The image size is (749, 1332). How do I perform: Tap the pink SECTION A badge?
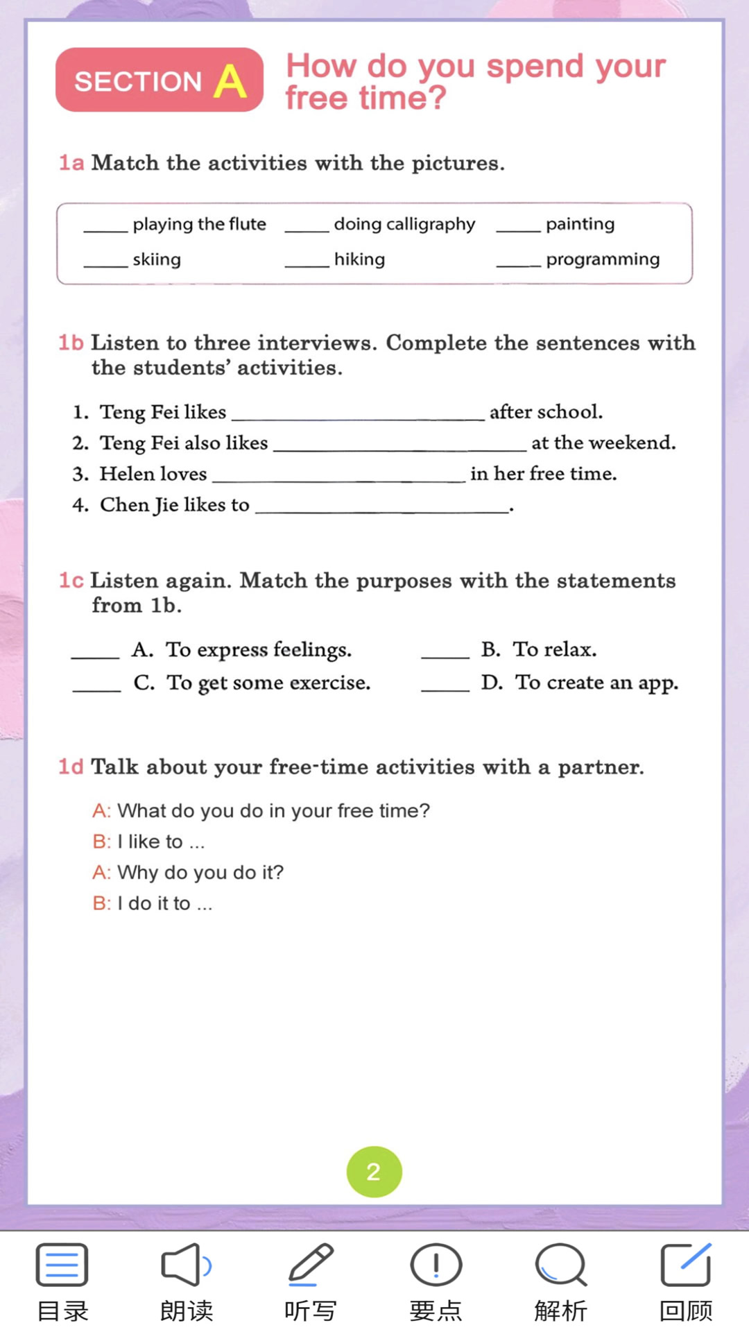(159, 80)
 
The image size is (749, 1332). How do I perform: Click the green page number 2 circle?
(374, 1172)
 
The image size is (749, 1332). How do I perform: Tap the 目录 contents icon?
(62, 1265)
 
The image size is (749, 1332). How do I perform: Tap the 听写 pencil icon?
(311, 1265)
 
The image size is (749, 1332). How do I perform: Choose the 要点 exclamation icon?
(436, 1265)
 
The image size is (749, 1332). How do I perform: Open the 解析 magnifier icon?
(560, 1265)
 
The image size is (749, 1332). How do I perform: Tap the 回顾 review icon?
(685, 1265)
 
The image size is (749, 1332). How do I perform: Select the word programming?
(603, 259)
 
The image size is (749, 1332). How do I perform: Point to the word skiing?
(157, 259)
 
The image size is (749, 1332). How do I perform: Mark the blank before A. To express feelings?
(96, 653)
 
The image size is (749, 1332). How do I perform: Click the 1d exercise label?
(71, 767)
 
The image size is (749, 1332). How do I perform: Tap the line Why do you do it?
(200, 872)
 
